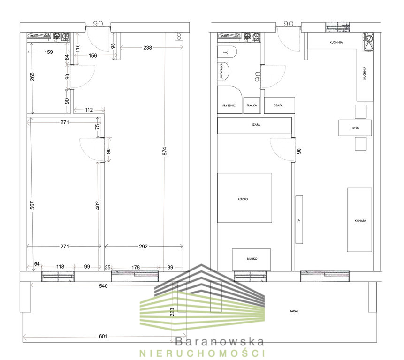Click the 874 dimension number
(x=165, y=151)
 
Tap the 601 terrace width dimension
(x=103, y=336)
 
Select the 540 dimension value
(x=103, y=286)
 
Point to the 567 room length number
(x=32, y=205)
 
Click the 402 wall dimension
(x=98, y=205)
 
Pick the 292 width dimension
(x=143, y=247)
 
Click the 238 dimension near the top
(x=148, y=48)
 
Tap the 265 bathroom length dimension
(x=32, y=77)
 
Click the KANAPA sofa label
(x=360, y=220)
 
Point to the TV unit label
(x=299, y=221)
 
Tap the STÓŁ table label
(x=356, y=127)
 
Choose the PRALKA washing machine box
(x=252, y=105)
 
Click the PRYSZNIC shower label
(x=229, y=105)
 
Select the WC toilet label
(x=225, y=52)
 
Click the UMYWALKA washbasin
(x=223, y=71)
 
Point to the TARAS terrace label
(x=294, y=311)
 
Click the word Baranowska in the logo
(x=220, y=342)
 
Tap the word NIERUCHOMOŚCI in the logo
(x=202, y=353)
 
